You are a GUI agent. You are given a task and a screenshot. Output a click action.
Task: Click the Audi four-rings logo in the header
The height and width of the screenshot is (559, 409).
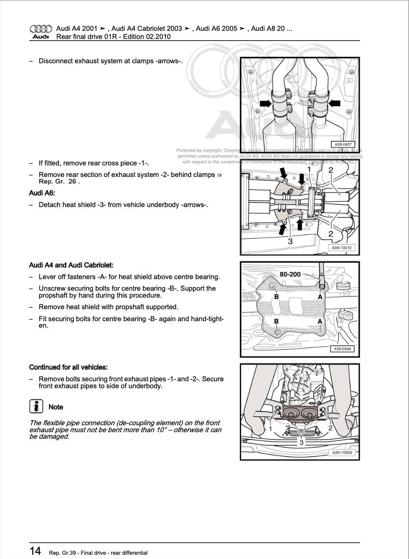coord(41,29)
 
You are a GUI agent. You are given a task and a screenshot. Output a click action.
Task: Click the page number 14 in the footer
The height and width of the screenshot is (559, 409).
coord(35,551)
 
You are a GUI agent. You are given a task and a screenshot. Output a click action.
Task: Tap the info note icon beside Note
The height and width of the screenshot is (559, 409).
coord(36,406)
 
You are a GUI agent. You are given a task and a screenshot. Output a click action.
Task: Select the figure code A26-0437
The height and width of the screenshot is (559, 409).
coord(343,145)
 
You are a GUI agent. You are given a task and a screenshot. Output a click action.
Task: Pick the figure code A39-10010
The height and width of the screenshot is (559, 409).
coord(341,248)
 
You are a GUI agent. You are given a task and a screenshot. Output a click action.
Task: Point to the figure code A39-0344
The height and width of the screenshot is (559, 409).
coord(342,349)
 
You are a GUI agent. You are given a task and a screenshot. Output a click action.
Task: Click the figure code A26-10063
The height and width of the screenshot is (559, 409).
coord(342,453)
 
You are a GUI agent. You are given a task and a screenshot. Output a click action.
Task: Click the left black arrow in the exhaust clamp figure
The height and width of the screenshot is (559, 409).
coord(265,103)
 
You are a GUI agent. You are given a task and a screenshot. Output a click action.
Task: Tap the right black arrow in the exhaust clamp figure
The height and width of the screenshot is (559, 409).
coord(334,103)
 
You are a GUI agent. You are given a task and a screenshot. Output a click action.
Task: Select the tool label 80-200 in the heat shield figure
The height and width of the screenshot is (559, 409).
coord(290,274)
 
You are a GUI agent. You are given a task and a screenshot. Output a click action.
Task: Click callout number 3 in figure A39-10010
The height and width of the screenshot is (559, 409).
coord(290,241)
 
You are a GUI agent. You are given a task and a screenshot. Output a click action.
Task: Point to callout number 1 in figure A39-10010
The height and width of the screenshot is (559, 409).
coord(309,170)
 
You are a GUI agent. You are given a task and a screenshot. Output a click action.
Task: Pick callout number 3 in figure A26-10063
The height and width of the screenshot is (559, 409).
coord(301,442)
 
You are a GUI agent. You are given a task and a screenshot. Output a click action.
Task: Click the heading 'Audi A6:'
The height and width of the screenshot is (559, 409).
coord(42,193)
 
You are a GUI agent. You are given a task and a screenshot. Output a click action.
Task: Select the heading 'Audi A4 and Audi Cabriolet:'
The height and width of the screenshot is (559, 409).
coord(71,265)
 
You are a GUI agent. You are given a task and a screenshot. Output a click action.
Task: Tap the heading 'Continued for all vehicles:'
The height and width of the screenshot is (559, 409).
coord(68,367)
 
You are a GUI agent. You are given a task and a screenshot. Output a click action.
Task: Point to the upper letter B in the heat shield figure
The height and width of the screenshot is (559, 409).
coord(276,297)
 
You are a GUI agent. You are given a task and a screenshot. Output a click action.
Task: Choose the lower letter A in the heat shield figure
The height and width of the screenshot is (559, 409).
coord(320,322)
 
